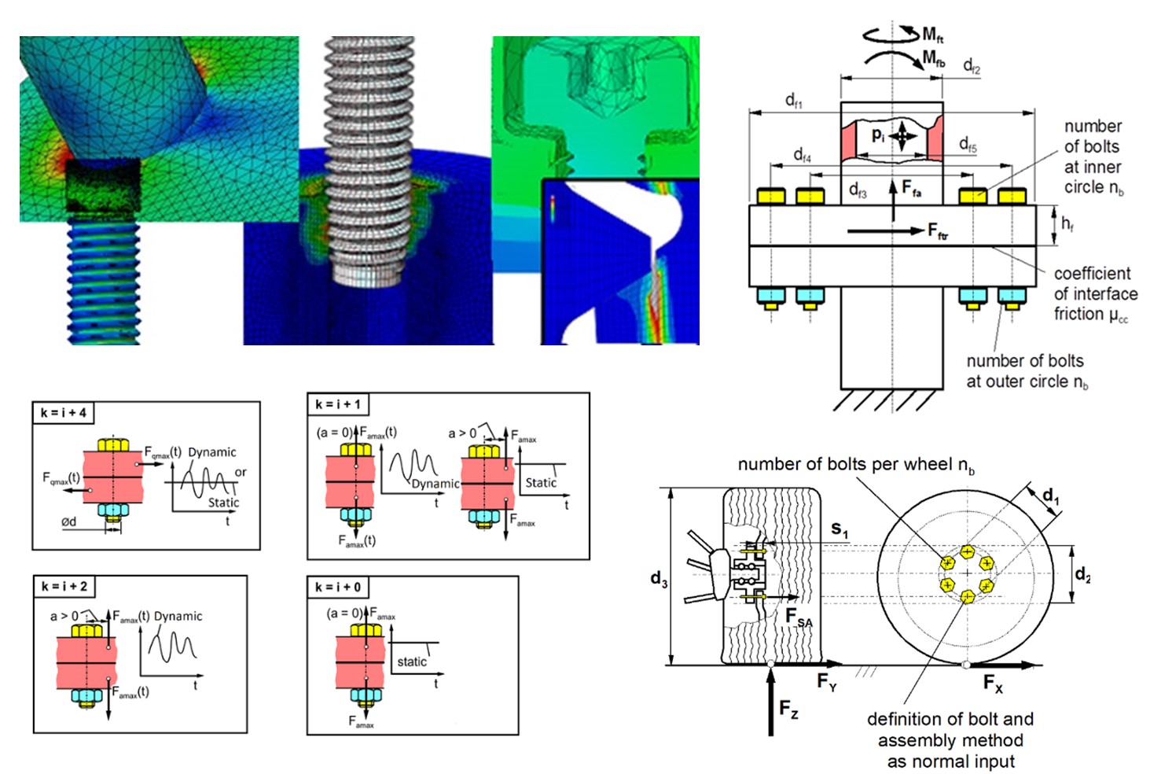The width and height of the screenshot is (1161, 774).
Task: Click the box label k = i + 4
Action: (64, 413)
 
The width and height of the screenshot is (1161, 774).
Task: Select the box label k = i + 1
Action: (338, 404)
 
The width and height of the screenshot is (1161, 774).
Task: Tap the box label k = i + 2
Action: (64, 586)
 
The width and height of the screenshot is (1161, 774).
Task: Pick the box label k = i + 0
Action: (338, 587)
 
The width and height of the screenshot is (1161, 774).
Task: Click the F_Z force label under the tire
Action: (789, 709)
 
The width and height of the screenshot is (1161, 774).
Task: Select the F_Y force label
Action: (827, 682)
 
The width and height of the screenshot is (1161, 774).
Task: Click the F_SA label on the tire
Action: (799, 618)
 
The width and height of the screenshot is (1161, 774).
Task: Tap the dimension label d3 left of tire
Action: (659, 580)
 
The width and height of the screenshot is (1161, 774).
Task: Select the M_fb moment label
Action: (934, 59)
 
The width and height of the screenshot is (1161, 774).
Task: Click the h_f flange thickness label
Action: (1067, 224)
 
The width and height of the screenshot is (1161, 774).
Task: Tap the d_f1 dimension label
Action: (794, 100)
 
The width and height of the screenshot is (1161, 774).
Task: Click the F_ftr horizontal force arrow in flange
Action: (884, 230)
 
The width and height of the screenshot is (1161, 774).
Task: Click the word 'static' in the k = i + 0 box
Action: (412, 662)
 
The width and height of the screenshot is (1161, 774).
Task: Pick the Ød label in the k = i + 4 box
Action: (69, 522)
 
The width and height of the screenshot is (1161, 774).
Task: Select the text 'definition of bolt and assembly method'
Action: (950, 729)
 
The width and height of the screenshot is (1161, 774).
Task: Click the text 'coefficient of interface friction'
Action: (1095, 293)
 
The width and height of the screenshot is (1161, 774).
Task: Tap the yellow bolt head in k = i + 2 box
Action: (86, 631)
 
